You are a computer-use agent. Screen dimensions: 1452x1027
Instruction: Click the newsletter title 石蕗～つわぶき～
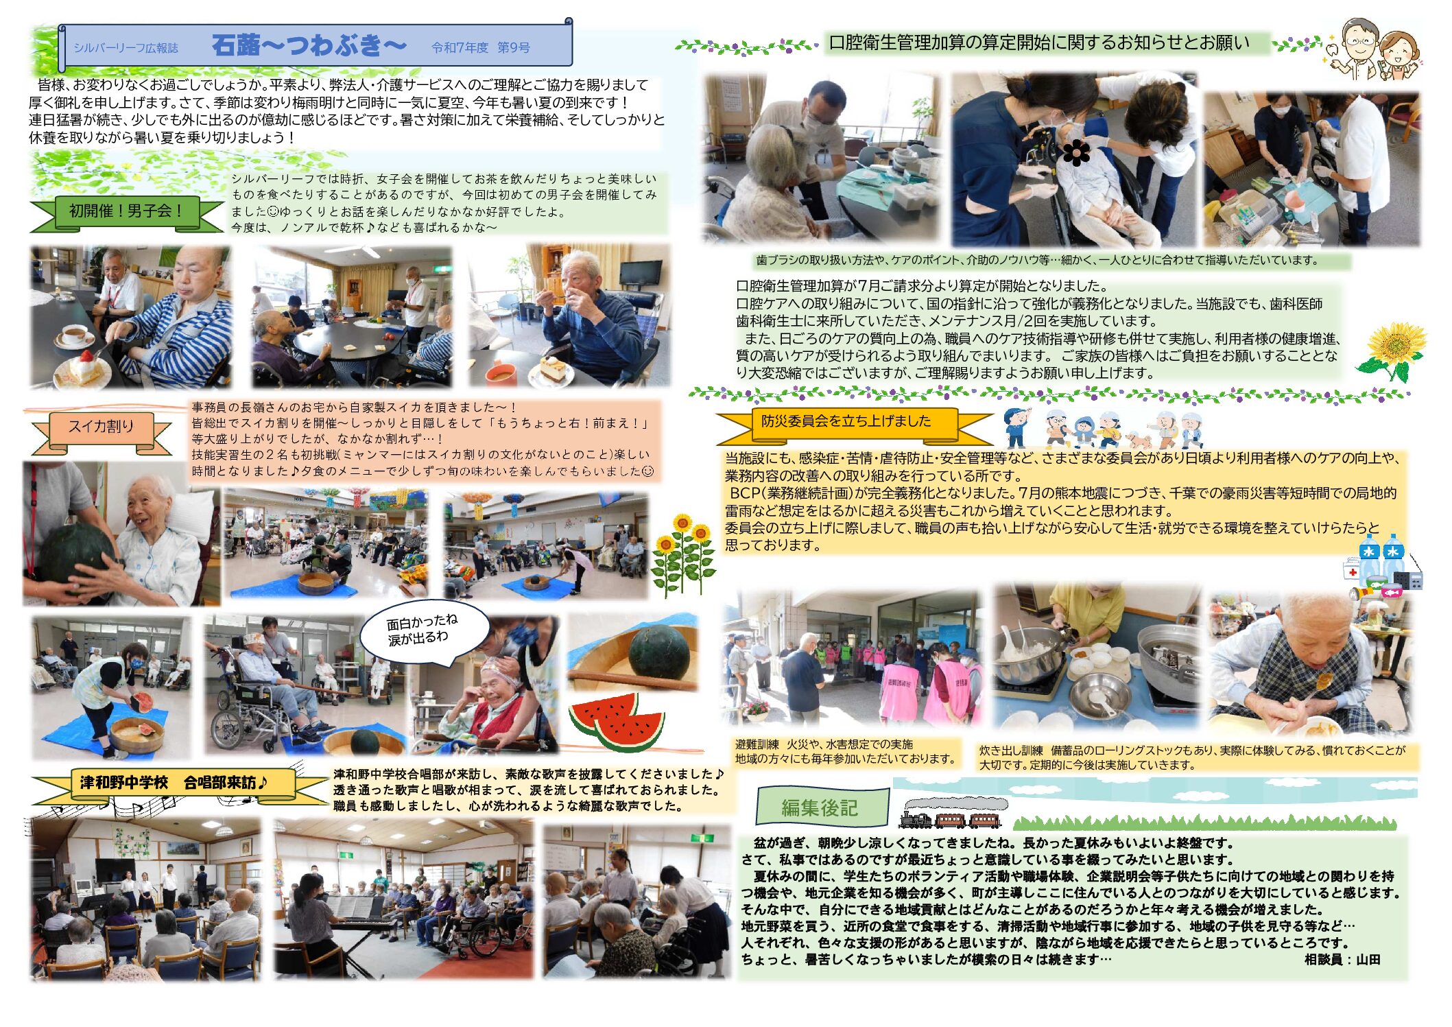pyautogui.click(x=309, y=46)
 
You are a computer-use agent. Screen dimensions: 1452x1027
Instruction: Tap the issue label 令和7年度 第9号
pyautogui.click(x=481, y=47)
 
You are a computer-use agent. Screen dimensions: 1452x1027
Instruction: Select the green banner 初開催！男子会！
pyautogui.click(x=126, y=212)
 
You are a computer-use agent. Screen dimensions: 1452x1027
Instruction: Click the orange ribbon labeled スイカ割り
pyautogui.click(x=101, y=427)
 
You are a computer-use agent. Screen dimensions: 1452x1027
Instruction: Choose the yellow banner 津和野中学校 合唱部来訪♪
pyautogui.click(x=175, y=783)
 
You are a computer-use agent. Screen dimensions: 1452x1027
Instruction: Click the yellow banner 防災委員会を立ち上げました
pyautogui.click(x=846, y=422)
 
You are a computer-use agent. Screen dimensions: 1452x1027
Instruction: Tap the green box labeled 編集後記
pyautogui.click(x=822, y=807)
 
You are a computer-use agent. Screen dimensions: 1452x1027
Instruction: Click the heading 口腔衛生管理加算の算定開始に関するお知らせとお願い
pyautogui.click(x=1040, y=43)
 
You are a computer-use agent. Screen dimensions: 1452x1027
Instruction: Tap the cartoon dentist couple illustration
pyautogui.click(x=1375, y=49)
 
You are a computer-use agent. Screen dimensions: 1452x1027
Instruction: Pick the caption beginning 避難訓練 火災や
pyautogui.click(x=846, y=751)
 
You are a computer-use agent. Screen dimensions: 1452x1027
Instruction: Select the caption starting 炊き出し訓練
pyautogui.click(x=1192, y=757)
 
